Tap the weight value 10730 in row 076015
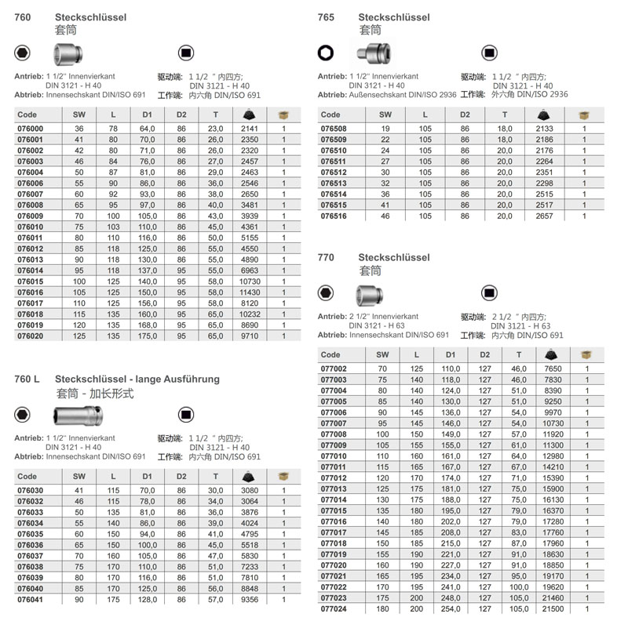250,281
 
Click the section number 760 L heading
27,380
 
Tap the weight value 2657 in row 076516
543,216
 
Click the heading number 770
326,257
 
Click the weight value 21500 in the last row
554,608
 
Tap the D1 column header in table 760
148,114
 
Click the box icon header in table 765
583,114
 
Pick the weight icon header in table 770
554,354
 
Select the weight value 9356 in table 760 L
250,598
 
